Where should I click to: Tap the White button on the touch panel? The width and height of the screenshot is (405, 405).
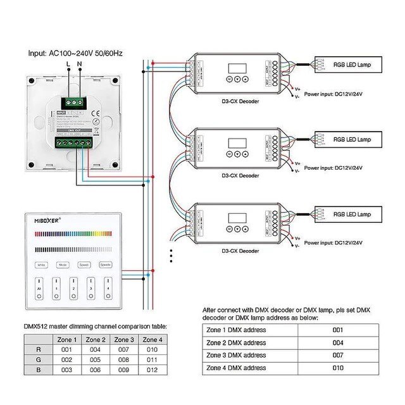[x=41, y=265]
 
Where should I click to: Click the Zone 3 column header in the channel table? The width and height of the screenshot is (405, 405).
[x=125, y=340]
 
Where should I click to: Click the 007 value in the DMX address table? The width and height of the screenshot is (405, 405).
[x=337, y=355]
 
